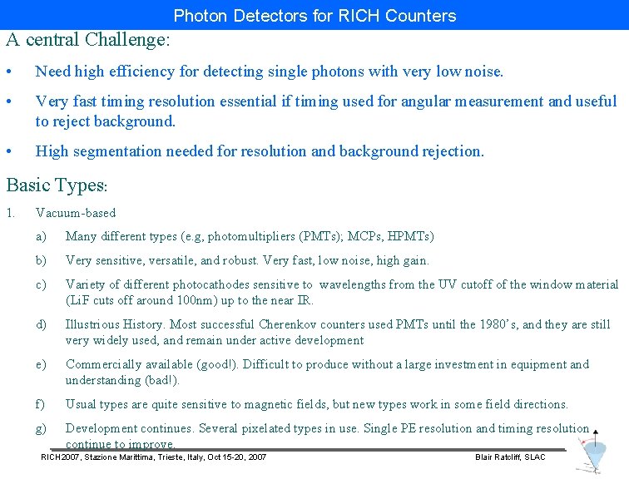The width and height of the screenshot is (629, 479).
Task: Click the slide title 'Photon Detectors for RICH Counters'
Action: click(314, 16)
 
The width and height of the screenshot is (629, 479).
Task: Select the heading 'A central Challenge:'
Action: click(88, 39)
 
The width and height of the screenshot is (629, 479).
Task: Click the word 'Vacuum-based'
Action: click(76, 213)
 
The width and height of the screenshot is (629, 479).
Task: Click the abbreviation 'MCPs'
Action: click(369, 237)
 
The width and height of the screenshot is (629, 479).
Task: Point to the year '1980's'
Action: click(496, 324)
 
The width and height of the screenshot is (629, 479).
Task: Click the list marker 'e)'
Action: click(41, 364)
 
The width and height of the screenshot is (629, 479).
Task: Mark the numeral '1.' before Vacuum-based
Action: click(10, 213)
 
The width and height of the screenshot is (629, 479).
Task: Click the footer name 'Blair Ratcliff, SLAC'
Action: click(510, 457)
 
